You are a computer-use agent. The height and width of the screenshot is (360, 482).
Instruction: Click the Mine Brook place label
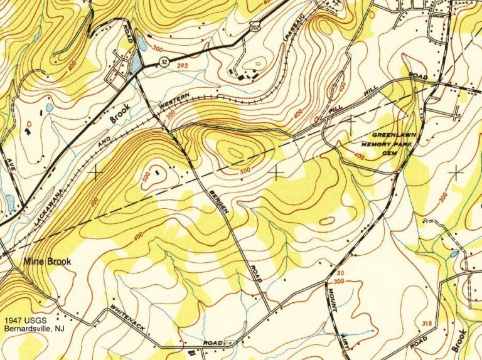[48, 261]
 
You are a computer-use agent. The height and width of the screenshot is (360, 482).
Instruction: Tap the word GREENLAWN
[394, 135]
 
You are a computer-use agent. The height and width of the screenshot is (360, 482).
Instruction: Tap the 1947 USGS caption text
[24, 319]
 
